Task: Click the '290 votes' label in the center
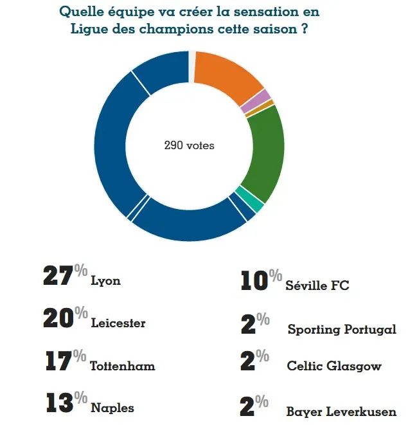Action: click(x=189, y=146)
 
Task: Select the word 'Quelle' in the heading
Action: click(x=79, y=12)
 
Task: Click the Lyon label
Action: click(x=106, y=281)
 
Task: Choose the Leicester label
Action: click(x=118, y=323)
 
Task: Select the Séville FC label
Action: click(x=317, y=285)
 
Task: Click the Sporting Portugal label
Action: click(x=342, y=329)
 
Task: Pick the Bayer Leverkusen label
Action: click(x=341, y=411)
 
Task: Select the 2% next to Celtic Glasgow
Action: click(x=254, y=361)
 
